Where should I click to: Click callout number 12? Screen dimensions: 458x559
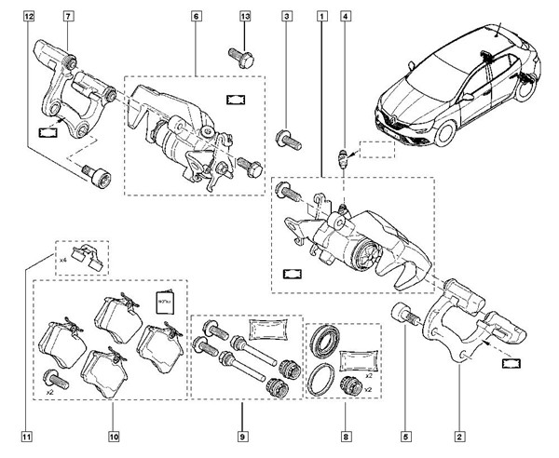[x=32, y=17]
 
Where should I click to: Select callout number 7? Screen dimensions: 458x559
[x=69, y=17]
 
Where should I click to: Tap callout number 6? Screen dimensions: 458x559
[x=197, y=17]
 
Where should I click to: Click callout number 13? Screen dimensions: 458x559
[x=245, y=17]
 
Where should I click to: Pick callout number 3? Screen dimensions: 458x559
[x=287, y=17]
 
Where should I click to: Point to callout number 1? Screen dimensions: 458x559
[x=322, y=17]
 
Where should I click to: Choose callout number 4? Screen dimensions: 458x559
[x=346, y=17]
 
